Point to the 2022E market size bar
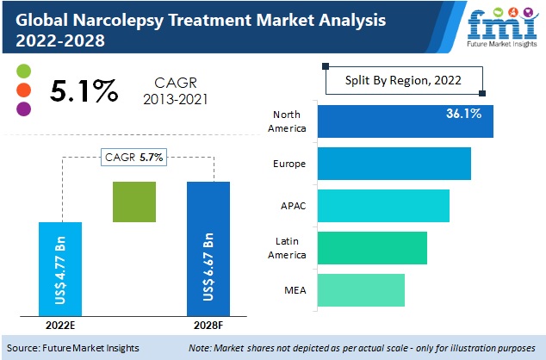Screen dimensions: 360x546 pos(61,269)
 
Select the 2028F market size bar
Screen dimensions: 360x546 pos(209,249)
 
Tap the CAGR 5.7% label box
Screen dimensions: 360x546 pos(134,157)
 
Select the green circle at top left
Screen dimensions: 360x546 pos(23,70)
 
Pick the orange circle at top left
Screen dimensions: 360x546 pos(23,89)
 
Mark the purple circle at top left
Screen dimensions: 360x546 pos(23,109)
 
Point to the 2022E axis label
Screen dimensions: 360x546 pos(61,326)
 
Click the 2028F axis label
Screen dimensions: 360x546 pos(209,326)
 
